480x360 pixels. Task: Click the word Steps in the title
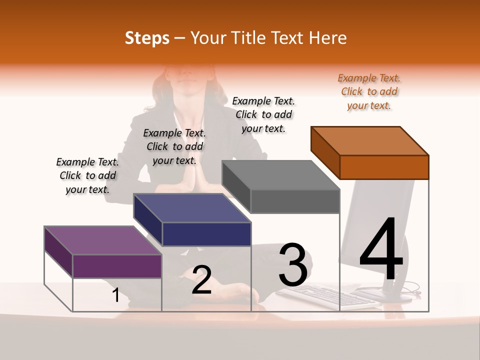point(147,38)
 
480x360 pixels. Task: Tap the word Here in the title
point(327,38)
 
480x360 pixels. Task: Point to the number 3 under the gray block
point(292,265)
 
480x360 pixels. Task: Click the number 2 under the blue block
point(201,280)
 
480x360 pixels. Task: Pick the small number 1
point(115,295)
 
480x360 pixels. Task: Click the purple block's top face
point(103,240)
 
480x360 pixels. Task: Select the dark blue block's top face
point(192,207)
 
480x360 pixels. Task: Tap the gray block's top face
point(281,175)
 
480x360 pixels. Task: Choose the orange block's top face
point(370,140)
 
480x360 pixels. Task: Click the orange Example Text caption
point(369,92)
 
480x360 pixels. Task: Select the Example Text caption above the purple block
point(87,175)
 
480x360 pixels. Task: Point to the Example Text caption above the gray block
point(263,115)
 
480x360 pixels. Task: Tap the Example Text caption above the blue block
point(174,146)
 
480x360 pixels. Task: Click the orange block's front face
point(384,167)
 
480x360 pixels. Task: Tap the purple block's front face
point(117,266)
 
